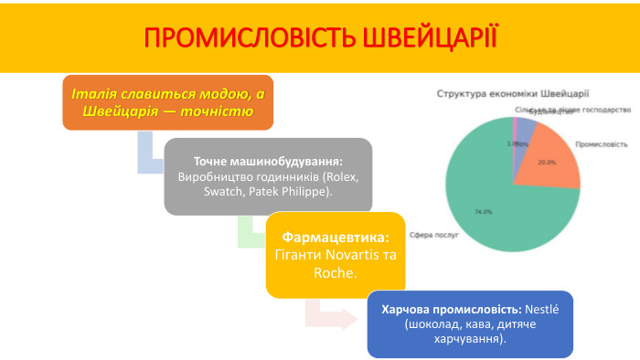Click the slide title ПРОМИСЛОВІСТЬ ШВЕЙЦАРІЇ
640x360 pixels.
tap(320, 37)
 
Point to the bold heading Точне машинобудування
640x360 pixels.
tap(268, 159)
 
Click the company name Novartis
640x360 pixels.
tap(341, 255)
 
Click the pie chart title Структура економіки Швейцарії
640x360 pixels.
tap(512, 92)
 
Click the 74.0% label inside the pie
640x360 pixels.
tap(483, 212)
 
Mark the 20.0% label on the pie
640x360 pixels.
tap(546, 163)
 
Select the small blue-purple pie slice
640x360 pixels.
tap(524, 129)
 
